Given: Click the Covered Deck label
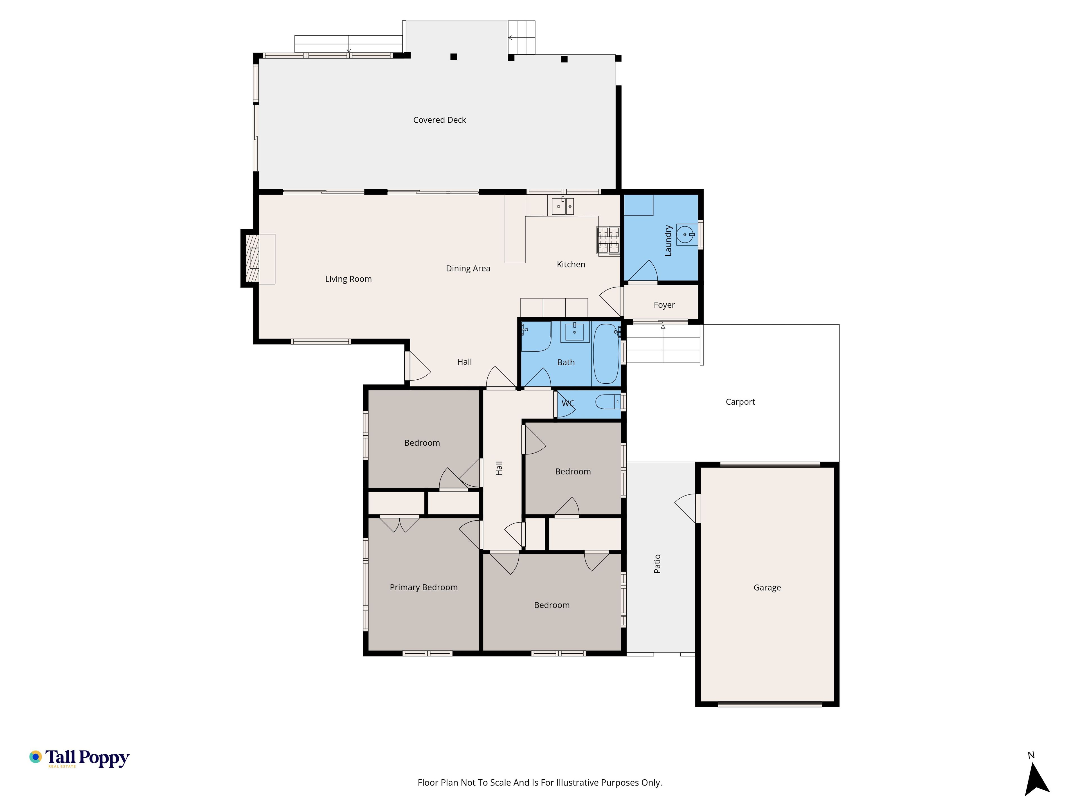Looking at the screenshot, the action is [x=439, y=120].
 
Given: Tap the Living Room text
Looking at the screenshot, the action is [x=348, y=279].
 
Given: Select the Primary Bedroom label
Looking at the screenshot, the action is [x=423, y=587].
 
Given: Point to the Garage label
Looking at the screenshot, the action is [x=767, y=588].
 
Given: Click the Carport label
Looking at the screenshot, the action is [x=740, y=402].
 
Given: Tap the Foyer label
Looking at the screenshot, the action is [x=664, y=305].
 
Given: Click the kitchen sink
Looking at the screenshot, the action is [x=563, y=206].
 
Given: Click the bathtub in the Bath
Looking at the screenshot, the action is [x=606, y=354].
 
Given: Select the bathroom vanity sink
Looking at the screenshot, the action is [x=575, y=332].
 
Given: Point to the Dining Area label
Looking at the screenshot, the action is [x=468, y=269].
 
